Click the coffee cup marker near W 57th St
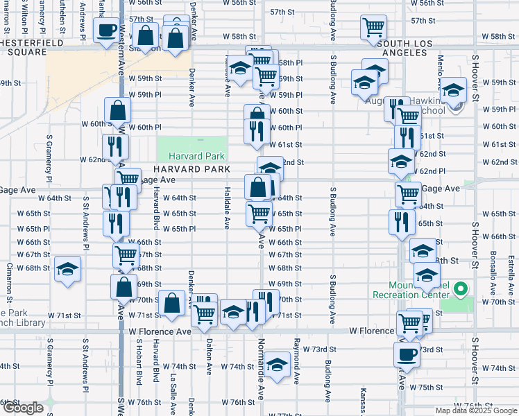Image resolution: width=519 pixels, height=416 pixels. pyautogui.click(x=107, y=31)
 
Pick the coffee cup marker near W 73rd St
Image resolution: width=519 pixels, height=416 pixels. pyautogui.click(x=407, y=354)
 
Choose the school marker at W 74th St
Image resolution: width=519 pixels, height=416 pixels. pyautogui.click(x=277, y=365)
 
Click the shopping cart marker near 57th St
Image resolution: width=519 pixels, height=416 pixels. pyautogui.click(x=373, y=28)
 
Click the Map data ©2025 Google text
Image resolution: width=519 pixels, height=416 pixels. pyautogui.click(x=475, y=410)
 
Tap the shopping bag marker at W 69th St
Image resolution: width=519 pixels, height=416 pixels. pyautogui.click(x=124, y=287)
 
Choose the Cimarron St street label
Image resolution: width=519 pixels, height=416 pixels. pyautogui.click(x=10, y=281)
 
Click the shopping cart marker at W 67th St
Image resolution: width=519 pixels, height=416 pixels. pyautogui.click(x=126, y=255)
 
